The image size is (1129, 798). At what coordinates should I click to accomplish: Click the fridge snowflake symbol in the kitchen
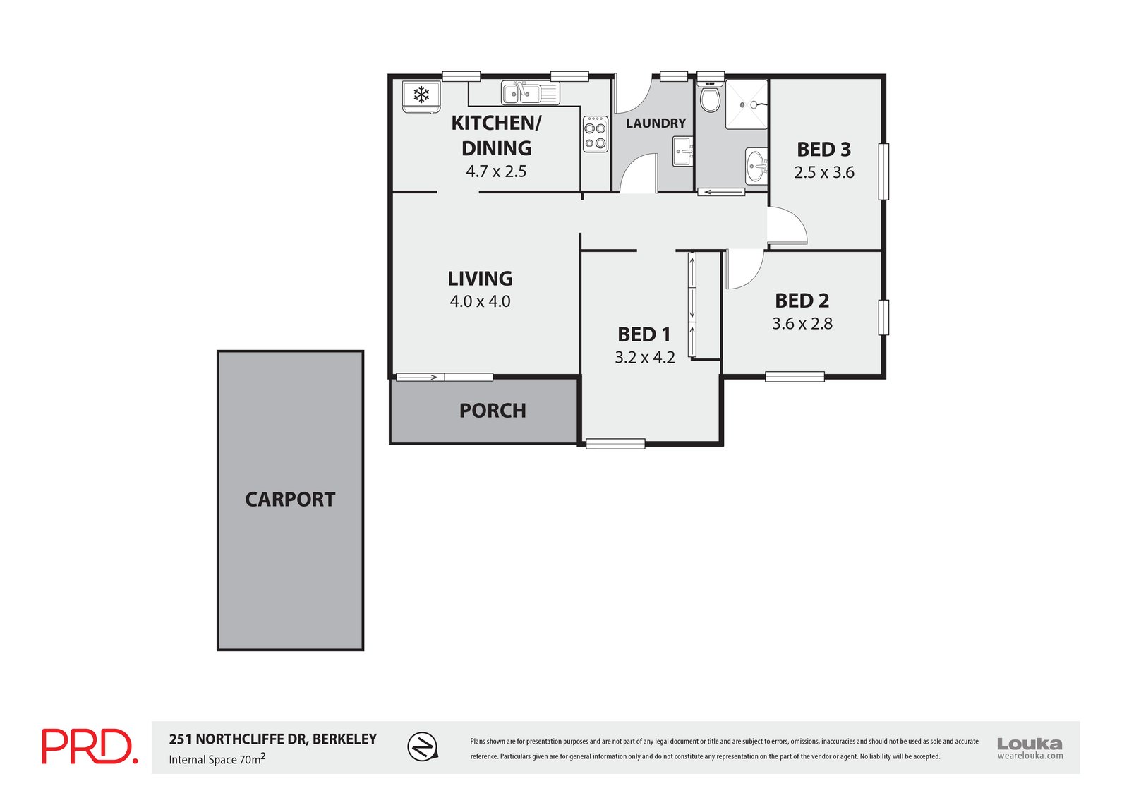pos(421,95)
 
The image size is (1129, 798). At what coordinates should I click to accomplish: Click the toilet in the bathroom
pos(710,98)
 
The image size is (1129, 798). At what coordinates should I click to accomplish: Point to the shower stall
pos(747,104)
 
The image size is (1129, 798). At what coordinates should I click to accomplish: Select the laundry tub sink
pos(682,151)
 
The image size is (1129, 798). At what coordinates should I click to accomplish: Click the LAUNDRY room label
pos(656,123)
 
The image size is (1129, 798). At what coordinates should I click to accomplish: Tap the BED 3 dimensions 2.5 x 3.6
pos(823,173)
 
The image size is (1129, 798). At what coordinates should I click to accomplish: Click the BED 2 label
pos(802,301)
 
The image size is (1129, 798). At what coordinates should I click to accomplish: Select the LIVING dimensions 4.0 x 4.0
pos(480,301)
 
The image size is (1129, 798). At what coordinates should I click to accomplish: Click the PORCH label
pos(493,411)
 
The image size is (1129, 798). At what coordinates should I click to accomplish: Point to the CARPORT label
pos(290,500)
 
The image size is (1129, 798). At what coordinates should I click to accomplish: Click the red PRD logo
pos(89,747)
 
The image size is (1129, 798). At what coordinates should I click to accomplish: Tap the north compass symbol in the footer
pos(423,746)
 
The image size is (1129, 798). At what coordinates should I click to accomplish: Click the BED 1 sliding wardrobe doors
pos(692,305)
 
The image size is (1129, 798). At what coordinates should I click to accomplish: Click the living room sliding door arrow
pos(419,377)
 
